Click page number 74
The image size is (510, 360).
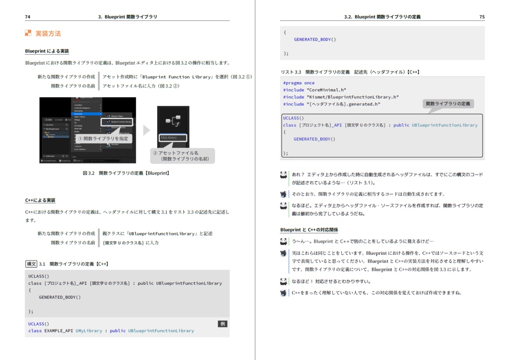[x=27, y=17]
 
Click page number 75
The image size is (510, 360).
[x=482, y=17]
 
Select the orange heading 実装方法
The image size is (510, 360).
[x=48, y=34]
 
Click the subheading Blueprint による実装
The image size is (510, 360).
[x=47, y=51]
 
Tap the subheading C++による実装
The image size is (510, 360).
[x=40, y=200]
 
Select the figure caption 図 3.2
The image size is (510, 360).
[x=126, y=173]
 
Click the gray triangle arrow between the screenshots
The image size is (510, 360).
[x=146, y=130]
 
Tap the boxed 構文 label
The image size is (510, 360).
[x=31, y=264]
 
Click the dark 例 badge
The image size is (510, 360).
[x=223, y=324]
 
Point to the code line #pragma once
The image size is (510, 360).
[x=299, y=83]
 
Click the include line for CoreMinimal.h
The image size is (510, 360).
[x=315, y=90]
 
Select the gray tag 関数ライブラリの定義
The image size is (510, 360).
[x=448, y=104]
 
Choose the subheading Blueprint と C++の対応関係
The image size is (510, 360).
[x=309, y=230]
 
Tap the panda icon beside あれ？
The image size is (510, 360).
[x=283, y=175]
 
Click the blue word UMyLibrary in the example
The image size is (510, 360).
[x=89, y=331]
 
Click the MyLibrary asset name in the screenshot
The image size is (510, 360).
[x=169, y=137]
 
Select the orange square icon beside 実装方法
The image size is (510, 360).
[x=28, y=33]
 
